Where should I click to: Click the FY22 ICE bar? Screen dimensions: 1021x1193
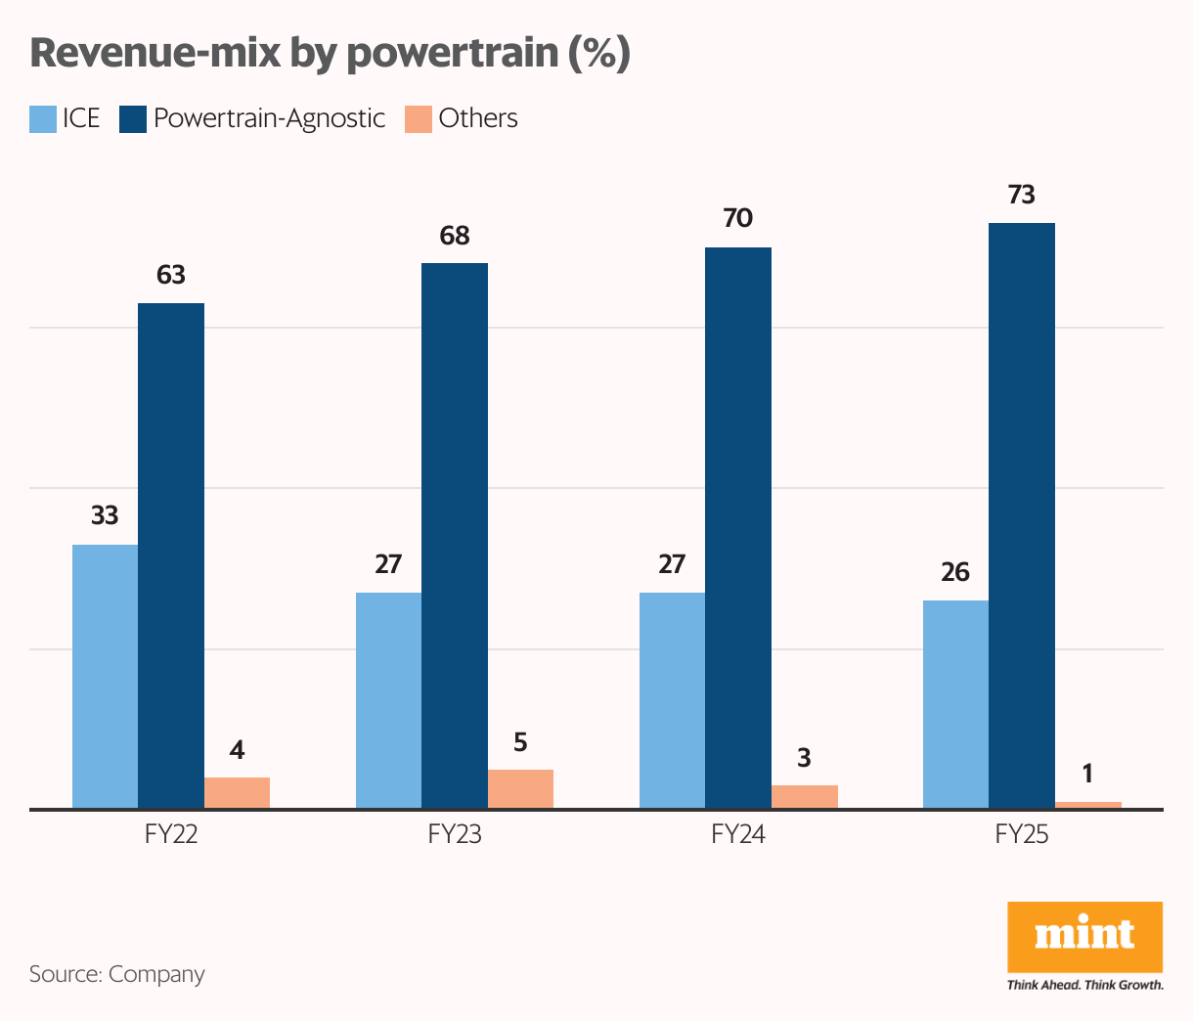[105, 676]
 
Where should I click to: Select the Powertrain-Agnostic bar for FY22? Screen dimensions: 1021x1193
[171, 555]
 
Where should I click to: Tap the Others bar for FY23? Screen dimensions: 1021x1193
[520, 788]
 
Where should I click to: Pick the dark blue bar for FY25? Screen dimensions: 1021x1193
[1021, 515]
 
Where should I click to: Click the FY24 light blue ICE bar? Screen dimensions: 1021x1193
[672, 700]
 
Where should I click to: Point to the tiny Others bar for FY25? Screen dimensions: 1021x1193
[1087, 805]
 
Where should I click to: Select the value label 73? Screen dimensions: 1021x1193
[1021, 196]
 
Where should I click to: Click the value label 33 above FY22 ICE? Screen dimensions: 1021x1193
[105, 515]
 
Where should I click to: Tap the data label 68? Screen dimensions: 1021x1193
[455, 236]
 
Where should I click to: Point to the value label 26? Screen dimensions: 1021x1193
[955, 572]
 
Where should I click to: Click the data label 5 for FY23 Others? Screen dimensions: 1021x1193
[520, 742]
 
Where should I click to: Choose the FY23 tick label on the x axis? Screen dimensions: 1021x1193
[455, 834]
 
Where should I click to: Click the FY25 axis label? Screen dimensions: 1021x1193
[1021, 834]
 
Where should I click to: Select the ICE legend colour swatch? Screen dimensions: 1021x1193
[43, 119]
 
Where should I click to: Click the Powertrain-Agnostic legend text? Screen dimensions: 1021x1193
[269, 118]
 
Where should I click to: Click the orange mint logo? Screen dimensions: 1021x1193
[1084, 936]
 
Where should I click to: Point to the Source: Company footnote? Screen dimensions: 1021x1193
[117, 974]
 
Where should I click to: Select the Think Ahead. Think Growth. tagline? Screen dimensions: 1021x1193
[1084, 985]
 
